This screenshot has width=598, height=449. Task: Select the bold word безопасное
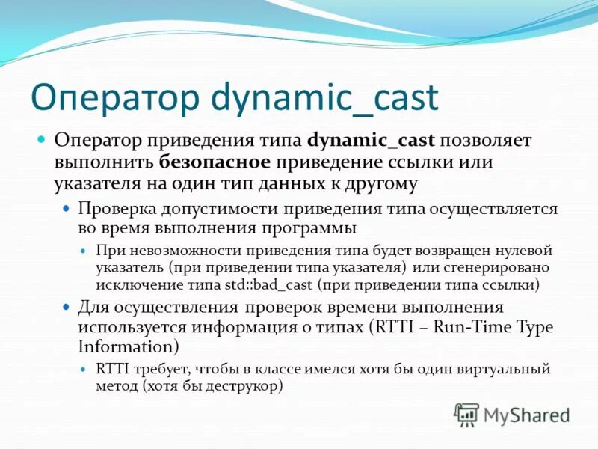click(214, 162)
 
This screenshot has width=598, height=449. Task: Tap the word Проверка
click(114, 208)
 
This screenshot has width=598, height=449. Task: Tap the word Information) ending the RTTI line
click(129, 346)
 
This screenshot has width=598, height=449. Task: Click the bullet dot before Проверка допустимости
click(67, 208)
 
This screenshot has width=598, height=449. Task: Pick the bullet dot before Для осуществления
click(67, 308)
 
